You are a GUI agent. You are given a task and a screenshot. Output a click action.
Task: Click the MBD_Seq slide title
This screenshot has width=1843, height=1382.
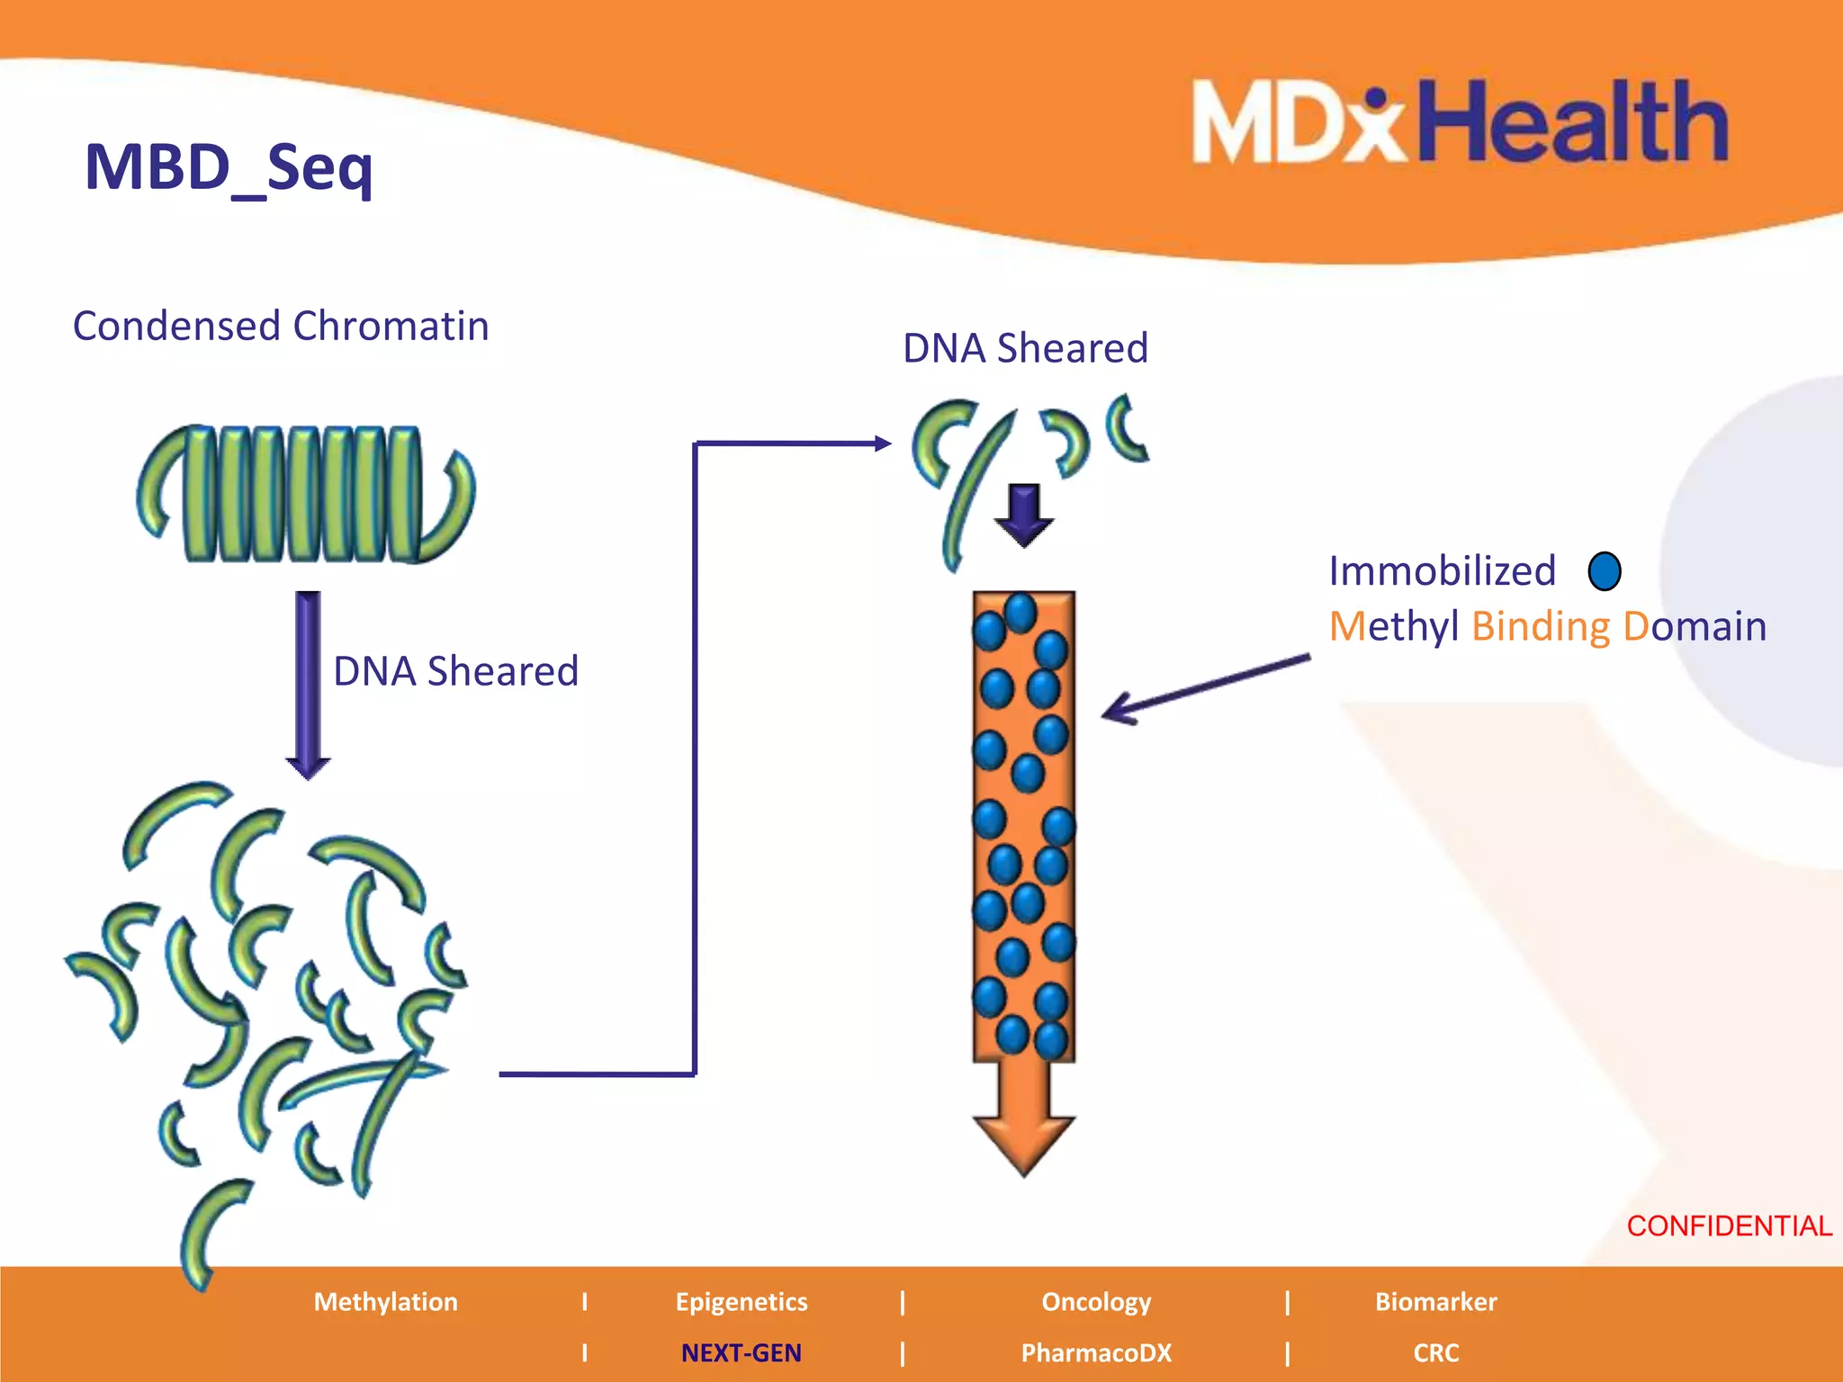(229, 168)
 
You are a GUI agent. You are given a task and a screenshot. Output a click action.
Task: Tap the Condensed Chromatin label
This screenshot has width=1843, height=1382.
(281, 326)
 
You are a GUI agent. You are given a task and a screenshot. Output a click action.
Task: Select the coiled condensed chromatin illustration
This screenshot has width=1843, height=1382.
(306, 493)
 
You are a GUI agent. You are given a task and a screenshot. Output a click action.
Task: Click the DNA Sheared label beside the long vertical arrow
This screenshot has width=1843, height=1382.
(455, 671)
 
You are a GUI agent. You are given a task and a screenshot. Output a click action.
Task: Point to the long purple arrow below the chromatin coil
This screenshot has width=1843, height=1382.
(308, 684)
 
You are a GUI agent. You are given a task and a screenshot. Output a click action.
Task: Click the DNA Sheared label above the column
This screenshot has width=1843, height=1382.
(1025, 348)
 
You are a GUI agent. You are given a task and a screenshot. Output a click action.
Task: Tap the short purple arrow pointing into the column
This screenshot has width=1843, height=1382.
(1023, 515)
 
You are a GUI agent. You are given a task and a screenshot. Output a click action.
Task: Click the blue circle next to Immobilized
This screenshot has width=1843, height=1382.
(1605, 571)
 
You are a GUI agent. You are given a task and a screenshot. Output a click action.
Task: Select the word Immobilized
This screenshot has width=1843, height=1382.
(1442, 571)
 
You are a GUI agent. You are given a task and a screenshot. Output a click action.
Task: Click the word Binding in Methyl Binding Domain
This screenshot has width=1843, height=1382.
(1540, 626)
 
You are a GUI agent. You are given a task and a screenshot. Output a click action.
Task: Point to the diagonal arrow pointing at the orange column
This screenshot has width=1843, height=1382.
(1206, 689)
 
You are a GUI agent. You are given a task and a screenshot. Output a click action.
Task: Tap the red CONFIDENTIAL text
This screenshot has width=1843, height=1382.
(1729, 1225)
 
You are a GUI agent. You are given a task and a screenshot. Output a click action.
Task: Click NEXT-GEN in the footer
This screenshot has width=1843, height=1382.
(741, 1353)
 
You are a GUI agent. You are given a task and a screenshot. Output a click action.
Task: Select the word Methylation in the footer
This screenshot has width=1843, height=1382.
(385, 1302)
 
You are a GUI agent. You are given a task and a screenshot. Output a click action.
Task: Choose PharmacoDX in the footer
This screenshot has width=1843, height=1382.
(1096, 1353)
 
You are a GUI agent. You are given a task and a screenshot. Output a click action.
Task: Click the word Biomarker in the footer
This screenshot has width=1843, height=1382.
(1435, 1302)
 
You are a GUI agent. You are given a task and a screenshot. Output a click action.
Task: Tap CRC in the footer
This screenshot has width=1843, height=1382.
(1435, 1353)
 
